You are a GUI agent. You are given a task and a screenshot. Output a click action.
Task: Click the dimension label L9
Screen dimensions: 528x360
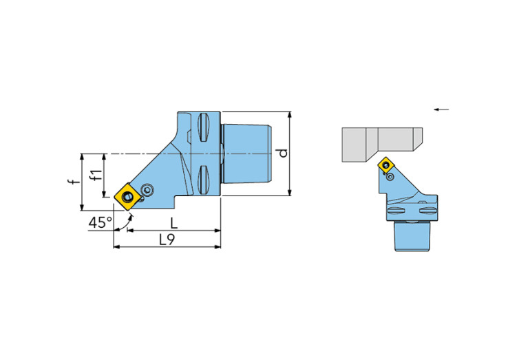tap(167, 240)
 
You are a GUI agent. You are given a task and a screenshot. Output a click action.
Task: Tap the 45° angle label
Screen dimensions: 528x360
tap(101, 222)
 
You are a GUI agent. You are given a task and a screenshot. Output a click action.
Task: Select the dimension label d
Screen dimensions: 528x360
tap(283, 153)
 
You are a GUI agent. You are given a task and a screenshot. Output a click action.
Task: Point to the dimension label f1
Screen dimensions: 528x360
tap(96, 175)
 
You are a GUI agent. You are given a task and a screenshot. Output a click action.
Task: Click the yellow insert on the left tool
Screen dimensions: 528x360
tap(127, 197)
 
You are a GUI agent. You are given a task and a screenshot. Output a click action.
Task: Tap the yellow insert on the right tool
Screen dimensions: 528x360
tap(386, 165)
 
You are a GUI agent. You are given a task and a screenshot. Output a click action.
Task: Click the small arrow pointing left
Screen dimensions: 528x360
tap(441, 109)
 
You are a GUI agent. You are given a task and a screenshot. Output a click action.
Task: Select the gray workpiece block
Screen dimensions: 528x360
tap(382, 145)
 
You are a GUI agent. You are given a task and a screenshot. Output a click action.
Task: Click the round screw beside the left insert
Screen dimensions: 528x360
tap(147, 190)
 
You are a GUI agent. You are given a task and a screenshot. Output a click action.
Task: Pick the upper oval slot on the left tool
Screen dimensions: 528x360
tap(204, 128)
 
